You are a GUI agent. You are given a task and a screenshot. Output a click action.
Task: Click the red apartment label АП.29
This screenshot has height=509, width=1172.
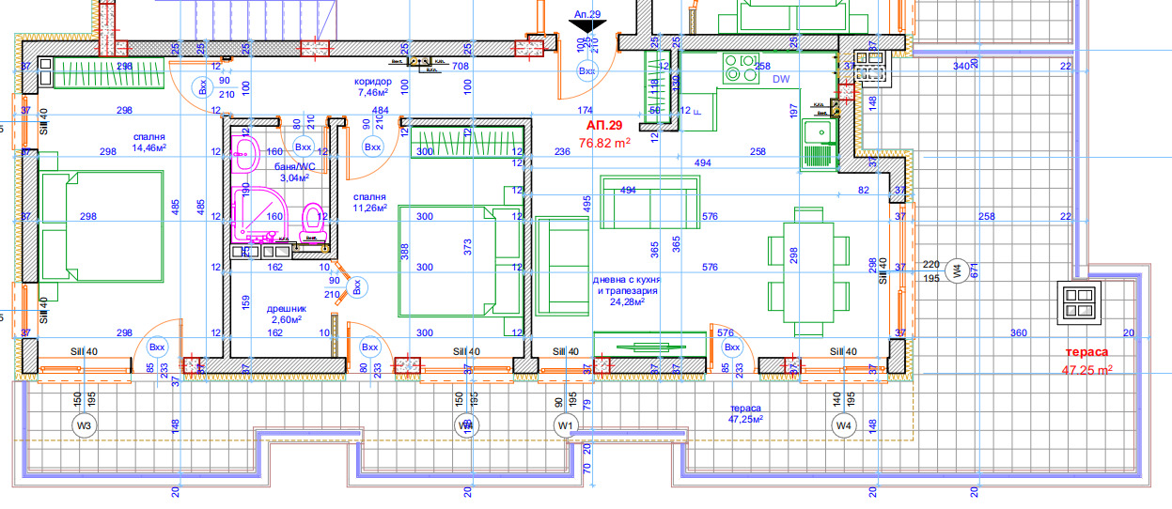(x=603, y=125)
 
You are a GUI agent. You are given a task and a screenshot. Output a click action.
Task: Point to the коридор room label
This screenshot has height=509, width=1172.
(x=372, y=81)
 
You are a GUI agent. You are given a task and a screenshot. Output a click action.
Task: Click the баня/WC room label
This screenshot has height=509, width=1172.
(x=294, y=166)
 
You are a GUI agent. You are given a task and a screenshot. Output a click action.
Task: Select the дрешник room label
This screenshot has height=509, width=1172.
(x=287, y=308)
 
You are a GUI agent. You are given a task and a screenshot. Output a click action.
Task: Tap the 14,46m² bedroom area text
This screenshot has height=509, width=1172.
(x=149, y=147)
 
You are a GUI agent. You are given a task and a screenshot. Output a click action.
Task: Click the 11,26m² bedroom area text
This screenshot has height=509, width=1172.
(x=369, y=208)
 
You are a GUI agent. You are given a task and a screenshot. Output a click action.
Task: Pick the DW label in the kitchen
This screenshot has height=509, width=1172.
(x=781, y=80)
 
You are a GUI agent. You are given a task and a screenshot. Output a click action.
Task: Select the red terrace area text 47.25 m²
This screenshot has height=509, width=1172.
(x=1087, y=370)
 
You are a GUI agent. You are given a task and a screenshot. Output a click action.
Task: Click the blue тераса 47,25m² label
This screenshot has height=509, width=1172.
(x=744, y=415)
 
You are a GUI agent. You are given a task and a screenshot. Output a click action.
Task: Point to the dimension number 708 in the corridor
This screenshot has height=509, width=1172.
(x=461, y=67)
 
